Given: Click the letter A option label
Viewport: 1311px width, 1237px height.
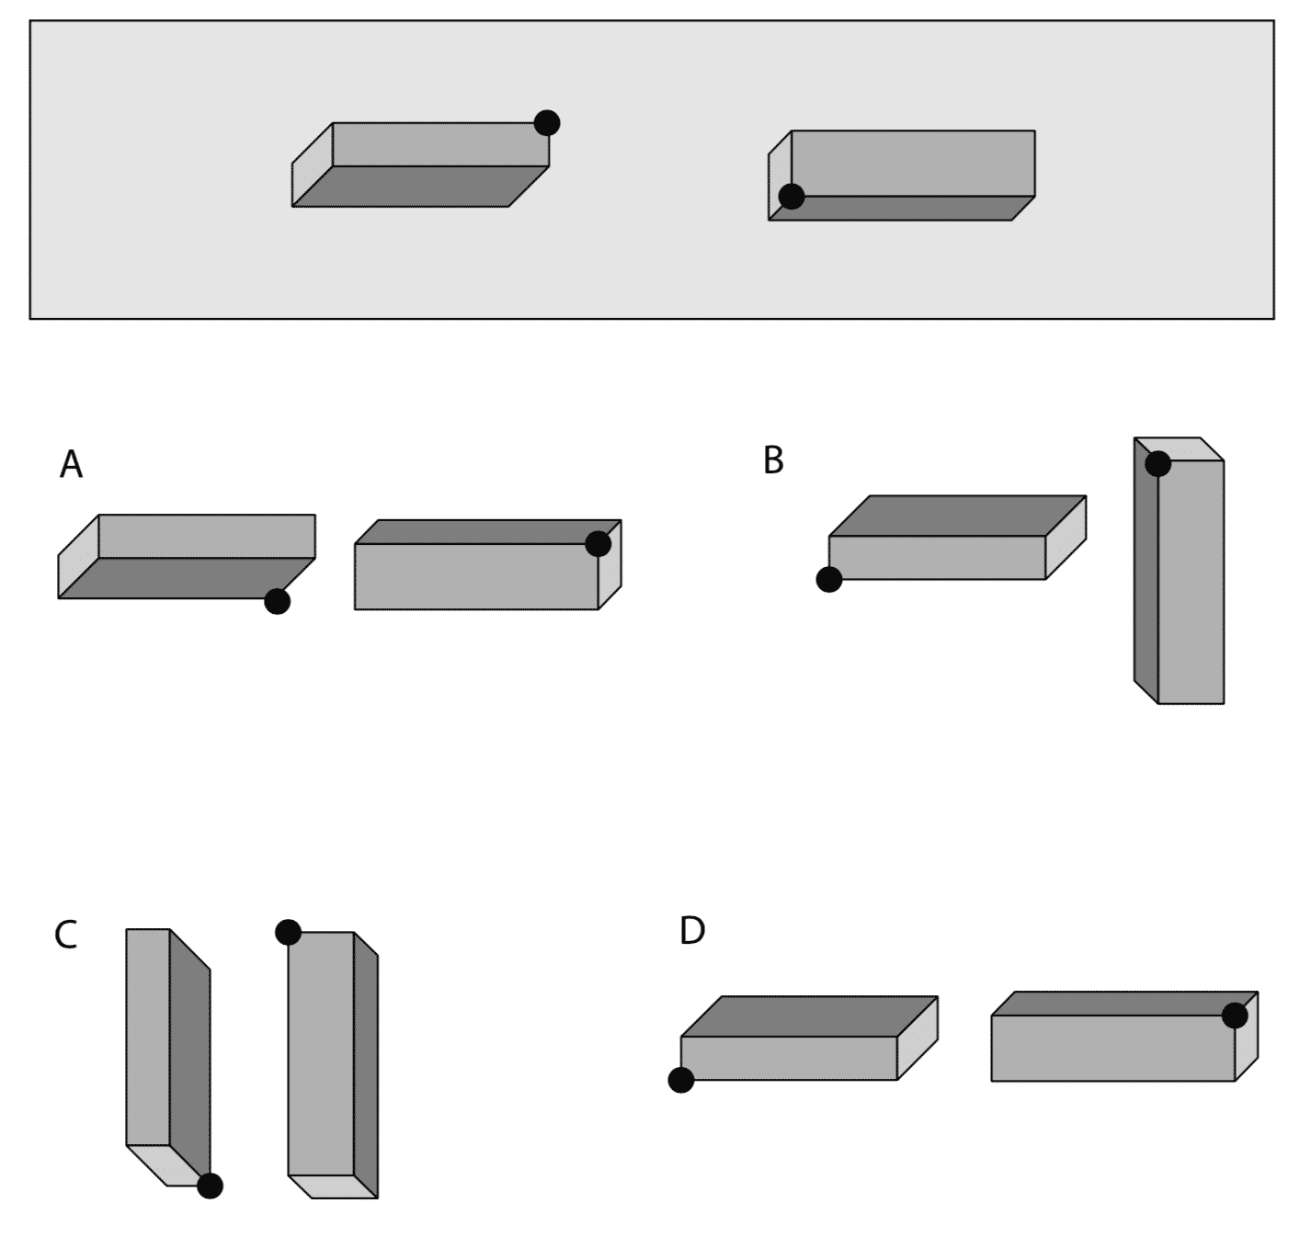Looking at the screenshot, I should click(71, 465).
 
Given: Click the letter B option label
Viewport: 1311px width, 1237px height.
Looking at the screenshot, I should click(773, 460).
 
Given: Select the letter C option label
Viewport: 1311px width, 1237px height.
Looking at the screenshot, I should click(65, 936).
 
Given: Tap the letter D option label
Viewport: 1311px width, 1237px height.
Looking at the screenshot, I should click(691, 931).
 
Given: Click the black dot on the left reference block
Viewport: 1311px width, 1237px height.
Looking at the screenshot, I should click(547, 122).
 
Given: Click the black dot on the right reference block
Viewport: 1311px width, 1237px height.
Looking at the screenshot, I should click(792, 196).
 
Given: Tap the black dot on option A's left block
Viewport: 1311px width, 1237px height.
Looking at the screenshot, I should click(277, 601).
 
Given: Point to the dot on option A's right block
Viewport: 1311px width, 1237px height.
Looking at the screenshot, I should click(598, 543).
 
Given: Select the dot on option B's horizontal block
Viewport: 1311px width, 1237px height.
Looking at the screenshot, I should click(829, 579).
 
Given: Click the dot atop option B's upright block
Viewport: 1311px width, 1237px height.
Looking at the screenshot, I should click(1158, 463).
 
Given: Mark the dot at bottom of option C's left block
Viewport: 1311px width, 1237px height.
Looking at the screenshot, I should click(210, 1186).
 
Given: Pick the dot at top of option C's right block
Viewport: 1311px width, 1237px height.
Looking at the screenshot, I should click(288, 932).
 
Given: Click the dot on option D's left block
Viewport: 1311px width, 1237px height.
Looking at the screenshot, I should click(681, 1080).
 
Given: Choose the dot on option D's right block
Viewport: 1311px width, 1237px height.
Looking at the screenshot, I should click(1235, 1016).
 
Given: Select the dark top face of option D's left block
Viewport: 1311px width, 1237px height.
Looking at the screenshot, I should click(809, 1016).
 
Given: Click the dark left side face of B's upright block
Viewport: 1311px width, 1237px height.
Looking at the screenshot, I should click(1146, 570).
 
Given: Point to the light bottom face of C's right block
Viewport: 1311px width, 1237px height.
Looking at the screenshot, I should click(333, 1186).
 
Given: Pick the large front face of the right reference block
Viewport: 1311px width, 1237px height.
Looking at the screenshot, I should click(913, 163).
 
